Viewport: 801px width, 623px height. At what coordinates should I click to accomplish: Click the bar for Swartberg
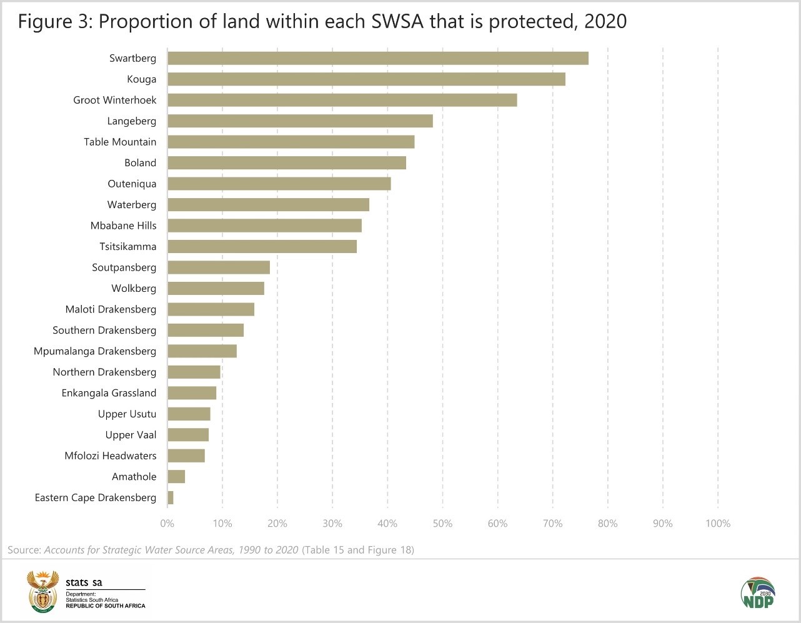click(378, 58)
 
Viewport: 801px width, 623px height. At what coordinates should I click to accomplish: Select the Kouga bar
click(366, 79)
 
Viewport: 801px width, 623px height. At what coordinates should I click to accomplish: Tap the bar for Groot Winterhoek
click(342, 100)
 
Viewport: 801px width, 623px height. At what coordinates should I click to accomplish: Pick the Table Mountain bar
click(291, 142)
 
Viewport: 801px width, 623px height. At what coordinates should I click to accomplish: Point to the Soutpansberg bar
click(219, 267)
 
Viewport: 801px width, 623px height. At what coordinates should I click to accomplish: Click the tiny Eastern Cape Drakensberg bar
click(171, 497)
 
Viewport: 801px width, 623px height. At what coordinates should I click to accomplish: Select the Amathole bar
click(176, 477)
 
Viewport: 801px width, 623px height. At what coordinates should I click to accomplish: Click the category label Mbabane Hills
click(124, 226)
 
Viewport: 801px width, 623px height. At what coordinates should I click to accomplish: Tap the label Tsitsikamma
click(128, 246)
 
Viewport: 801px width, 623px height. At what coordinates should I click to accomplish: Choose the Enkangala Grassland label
click(109, 393)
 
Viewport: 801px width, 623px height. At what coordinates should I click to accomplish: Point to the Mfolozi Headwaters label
click(111, 456)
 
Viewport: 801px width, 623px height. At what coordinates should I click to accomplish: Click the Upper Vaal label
click(131, 435)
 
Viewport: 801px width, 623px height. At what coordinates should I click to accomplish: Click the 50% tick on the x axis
click(442, 524)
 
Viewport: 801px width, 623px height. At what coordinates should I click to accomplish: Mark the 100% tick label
click(718, 524)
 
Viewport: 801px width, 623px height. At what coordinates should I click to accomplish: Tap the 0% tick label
click(167, 524)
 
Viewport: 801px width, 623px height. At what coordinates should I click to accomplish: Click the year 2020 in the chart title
click(605, 22)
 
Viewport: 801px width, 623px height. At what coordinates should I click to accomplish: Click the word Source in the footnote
click(24, 550)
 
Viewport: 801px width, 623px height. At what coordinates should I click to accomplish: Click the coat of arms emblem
click(42, 592)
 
